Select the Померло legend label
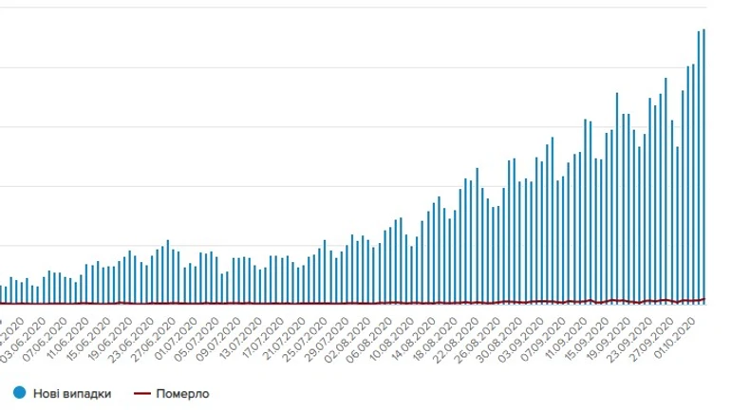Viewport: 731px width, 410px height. pos(185,393)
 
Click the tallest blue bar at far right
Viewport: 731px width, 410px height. pos(704,166)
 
